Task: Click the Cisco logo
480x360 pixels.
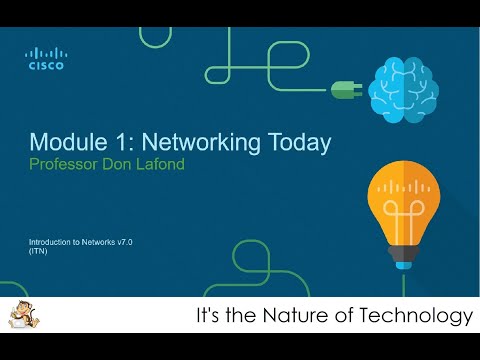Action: click(x=45, y=59)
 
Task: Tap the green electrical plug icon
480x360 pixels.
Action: click(x=345, y=90)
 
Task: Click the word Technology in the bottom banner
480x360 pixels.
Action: click(x=421, y=317)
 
